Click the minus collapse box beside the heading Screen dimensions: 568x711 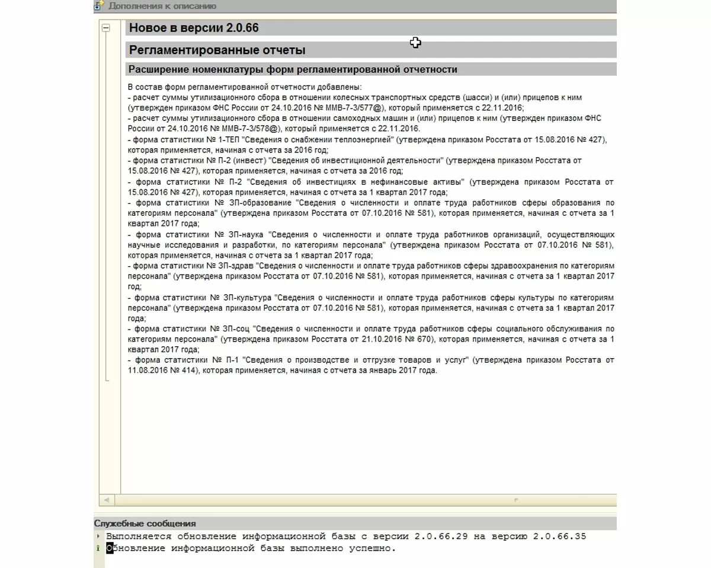tap(105, 28)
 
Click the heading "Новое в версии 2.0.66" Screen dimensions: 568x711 tap(194, 28)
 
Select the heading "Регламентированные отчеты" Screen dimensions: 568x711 tap(217, 50)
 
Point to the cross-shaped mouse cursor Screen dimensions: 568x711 tap(415, 42)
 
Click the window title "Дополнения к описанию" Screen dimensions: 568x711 tap(162, 6)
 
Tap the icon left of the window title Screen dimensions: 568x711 tap(99, 6)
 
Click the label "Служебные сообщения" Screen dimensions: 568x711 tap(145, 524)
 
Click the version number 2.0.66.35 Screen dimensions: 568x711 tap(559, 536)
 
